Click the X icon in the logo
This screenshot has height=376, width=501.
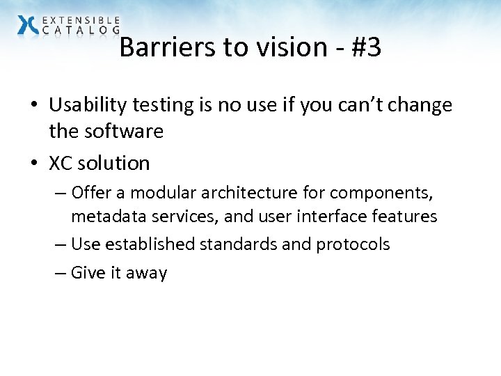coord(28,24)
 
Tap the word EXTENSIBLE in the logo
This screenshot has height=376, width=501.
coord(81,20)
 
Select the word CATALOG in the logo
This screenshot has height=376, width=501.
coord(81,30)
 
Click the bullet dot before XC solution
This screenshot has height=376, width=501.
coord(33,164)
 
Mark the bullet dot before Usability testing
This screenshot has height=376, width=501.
coord(33,105)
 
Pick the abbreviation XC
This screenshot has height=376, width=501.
coord(61,163)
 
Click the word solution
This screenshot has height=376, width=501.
coord(114,163)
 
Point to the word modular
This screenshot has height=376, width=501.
coord(157,192)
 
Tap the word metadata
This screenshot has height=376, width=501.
coord(104,217)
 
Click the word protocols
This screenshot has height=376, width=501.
coord(353,244)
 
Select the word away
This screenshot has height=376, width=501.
coord(147,273)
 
